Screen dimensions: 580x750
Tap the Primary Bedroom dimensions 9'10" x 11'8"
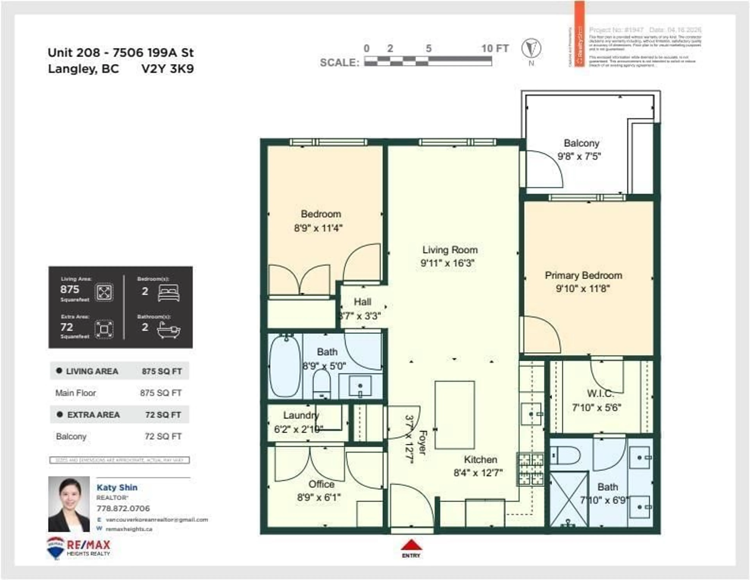583,289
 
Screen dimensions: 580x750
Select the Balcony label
581,143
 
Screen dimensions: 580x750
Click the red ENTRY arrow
411,545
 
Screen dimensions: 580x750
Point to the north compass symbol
531,48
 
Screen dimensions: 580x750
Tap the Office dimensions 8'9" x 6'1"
319,497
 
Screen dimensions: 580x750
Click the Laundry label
301,415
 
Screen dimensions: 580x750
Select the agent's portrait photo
69,504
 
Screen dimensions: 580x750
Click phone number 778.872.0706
123,508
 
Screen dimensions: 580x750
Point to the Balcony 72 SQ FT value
163,436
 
